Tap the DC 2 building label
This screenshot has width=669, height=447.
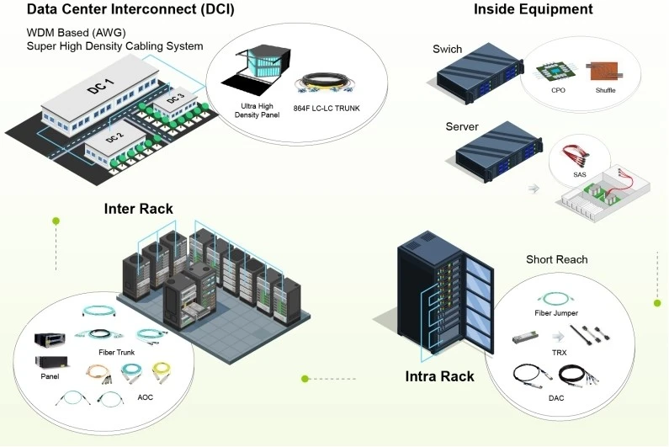coord(114,137)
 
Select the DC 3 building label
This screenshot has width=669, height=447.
coord(175,98)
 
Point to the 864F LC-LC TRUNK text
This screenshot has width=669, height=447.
coord(327,109)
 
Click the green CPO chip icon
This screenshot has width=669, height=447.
coord(555,73)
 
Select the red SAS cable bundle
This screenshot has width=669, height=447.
coord(576,157)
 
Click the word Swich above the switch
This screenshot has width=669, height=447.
coord(447,49)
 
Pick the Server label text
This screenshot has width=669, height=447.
coord(462,127)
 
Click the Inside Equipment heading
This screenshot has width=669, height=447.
coord(534,9)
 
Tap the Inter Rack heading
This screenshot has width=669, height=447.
coord(139,209)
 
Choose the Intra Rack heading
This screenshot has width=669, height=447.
coord(439,376)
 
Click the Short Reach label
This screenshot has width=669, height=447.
coord(557,259)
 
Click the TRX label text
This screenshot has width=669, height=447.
coord(559,353)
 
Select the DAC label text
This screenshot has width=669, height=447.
coord(556,398)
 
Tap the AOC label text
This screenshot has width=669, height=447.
coord(145,397)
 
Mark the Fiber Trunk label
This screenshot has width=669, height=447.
coord(116,352)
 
